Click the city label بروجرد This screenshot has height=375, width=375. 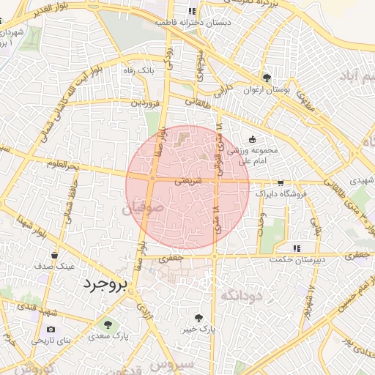coord(104,283)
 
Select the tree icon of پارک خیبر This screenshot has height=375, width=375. coord(198,317)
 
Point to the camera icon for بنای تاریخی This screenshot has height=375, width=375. coord(51,329)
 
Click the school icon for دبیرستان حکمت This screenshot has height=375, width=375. coord(296,248)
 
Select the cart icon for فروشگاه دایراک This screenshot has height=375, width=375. coord(280,183)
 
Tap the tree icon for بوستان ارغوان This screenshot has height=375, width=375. coord(267,78)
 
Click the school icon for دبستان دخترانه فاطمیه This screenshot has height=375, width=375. coord(192,12)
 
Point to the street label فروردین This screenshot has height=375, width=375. coord(145,103)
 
